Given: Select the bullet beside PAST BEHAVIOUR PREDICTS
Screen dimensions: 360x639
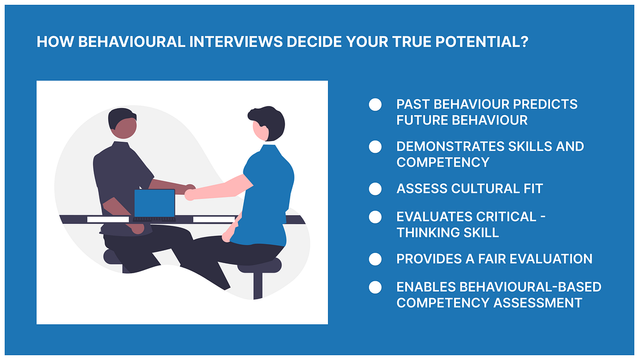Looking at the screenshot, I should click(375, 104).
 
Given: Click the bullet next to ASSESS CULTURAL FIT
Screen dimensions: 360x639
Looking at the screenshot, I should click(375, 189).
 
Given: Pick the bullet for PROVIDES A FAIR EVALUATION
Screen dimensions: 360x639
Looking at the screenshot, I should click(375, 259).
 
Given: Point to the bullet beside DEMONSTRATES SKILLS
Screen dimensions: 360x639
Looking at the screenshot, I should click(375, 146).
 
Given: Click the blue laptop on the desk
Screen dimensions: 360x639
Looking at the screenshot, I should click(154, 204).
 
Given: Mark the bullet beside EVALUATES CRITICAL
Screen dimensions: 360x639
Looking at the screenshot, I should click(375, 217).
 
